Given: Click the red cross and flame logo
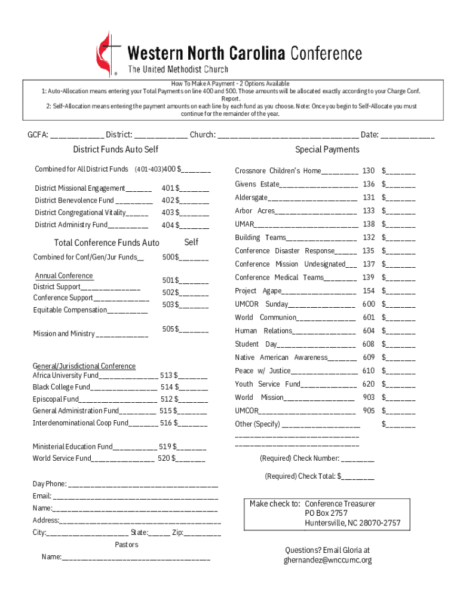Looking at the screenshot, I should point(108,54).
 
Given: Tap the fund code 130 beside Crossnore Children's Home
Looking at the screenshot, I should point(369,171).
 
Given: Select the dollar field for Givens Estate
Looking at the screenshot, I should point(401,185).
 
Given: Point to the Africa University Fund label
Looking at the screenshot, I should point(66,375).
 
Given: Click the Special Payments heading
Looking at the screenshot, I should point(327,149).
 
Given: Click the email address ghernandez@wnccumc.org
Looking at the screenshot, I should point(327,560).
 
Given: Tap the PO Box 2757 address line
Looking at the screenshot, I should point(326,513).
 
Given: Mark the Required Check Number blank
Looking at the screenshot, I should point(358,459).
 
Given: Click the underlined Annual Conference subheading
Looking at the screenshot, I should point(64,276).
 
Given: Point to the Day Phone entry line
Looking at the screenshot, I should point(143,484).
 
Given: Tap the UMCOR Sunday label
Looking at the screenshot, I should point(262,304).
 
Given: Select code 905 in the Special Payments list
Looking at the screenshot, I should point(369,411).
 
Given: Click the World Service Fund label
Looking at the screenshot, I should point(62,458).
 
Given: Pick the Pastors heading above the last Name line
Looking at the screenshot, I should point(126,544).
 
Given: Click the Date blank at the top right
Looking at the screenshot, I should point(407,135).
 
